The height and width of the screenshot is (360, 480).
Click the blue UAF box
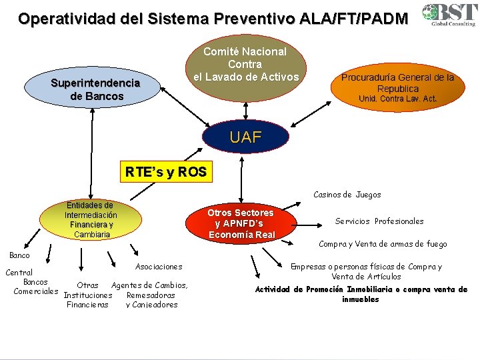point(246,138)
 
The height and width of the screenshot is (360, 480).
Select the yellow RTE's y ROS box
point(166,171)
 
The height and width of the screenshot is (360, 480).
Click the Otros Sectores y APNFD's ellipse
point(241,223)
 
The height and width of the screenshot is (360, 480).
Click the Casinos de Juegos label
point(347,195)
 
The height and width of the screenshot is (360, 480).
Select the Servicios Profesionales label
point(379,221)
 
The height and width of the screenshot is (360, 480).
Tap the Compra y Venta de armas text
point(383,244)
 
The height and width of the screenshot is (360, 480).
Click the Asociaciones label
point(159,267)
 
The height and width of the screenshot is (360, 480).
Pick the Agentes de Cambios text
point(149,285)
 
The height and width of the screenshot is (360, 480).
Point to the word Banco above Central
point(19,255)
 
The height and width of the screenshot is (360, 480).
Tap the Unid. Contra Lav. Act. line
point(397,99)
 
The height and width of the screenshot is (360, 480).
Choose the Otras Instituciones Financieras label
point(88,295)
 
